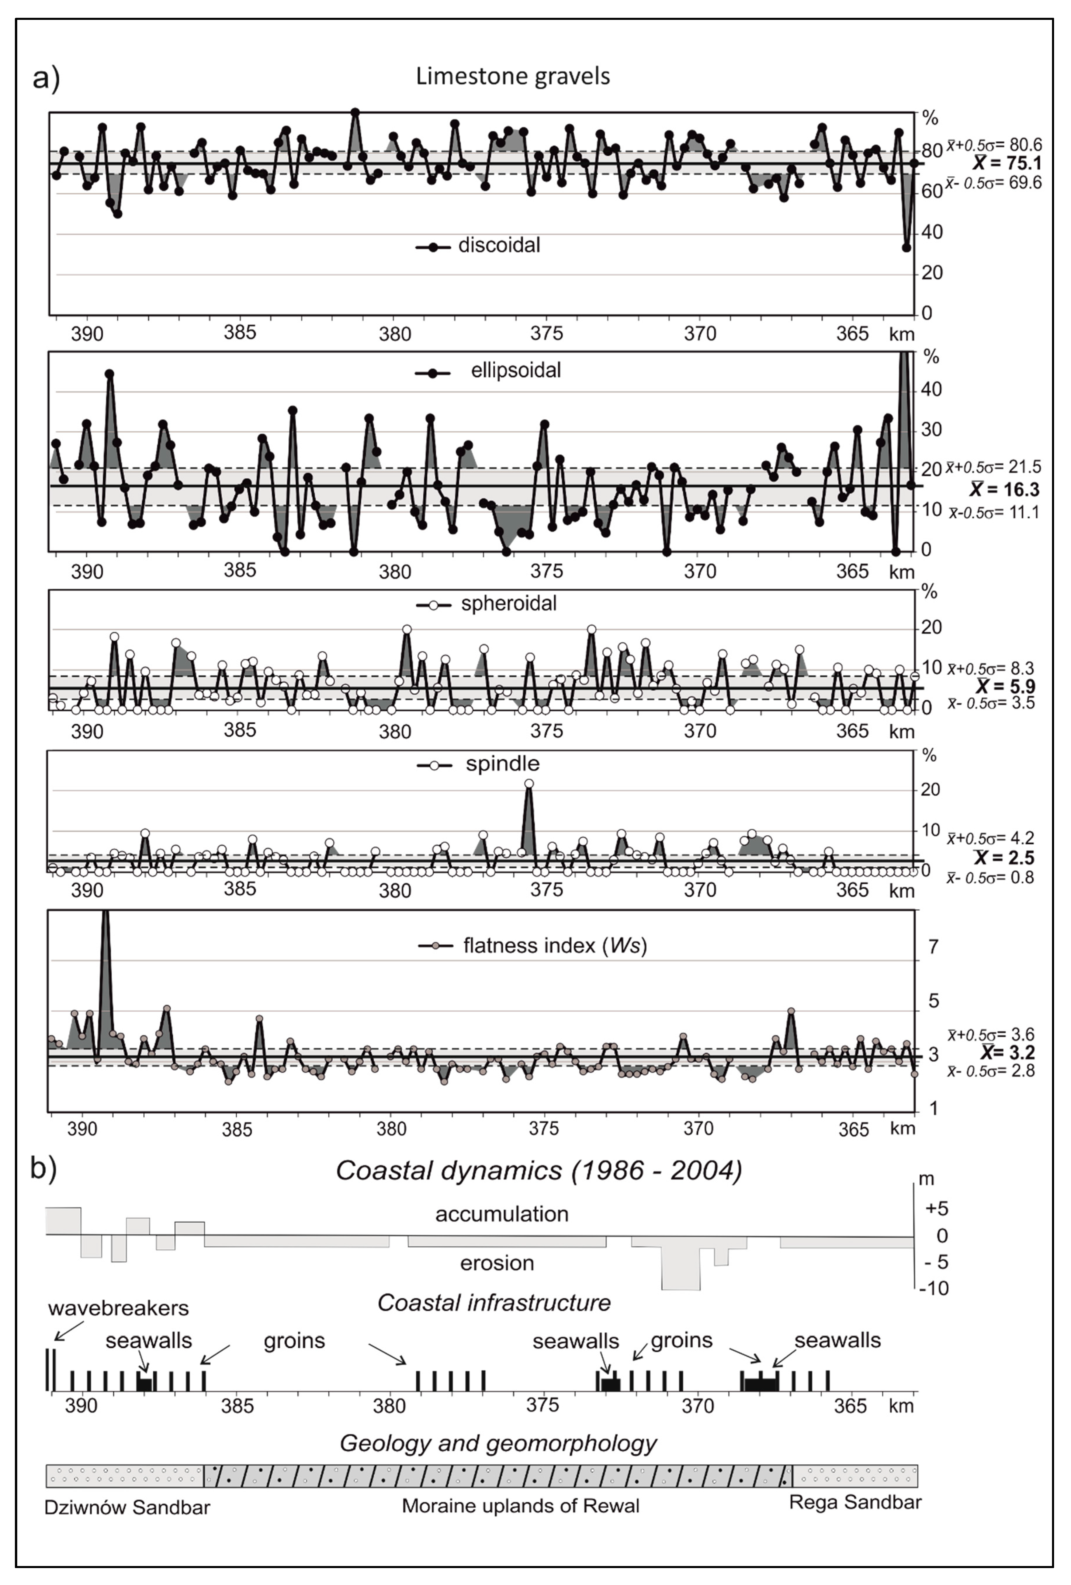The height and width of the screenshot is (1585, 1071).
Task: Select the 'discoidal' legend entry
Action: pyautogui.click(x=499, y=246)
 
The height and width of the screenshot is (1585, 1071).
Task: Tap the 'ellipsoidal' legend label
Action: pyautogui.click(x=516, y=371)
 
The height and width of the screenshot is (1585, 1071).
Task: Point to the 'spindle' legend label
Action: pyautogui.click(x=502, y=764)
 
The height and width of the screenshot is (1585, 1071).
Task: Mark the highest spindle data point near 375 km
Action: pyautogui.click(x=529, y=784)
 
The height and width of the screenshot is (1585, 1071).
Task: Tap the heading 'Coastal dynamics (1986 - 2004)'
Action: pyautogui.click(x=538, y=1170)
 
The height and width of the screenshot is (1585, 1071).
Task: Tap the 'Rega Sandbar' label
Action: pyautogui.click(x=855, y=1502)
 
